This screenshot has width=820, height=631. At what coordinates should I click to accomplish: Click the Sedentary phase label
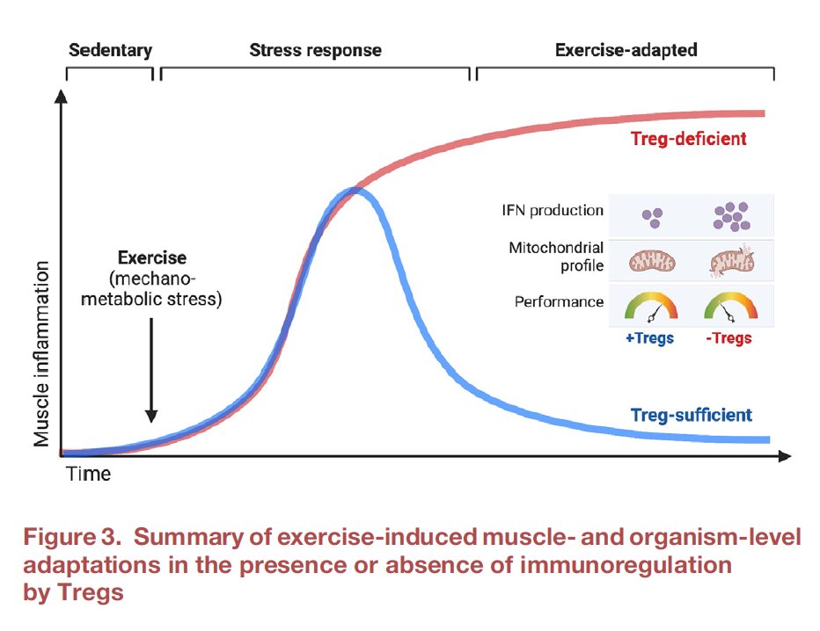[x=110, y=50]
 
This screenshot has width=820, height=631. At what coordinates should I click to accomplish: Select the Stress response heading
[x=316, y=50]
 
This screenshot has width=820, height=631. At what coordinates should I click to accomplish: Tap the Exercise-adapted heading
[x=626, y=50]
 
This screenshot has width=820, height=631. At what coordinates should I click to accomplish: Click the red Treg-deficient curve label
[x=689, y=139]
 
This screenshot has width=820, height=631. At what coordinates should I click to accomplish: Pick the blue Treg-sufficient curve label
[x=692, y=415]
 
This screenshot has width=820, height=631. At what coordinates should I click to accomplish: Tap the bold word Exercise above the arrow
[x=151, y=258]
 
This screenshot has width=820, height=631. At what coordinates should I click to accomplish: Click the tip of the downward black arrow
[x=151, y=420]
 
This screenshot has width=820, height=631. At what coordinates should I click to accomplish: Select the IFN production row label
[x=560, y=211]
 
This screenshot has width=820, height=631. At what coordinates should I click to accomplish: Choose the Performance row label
[x=560, y=302]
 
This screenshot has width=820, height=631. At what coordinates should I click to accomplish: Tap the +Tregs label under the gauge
[x=650, y=338]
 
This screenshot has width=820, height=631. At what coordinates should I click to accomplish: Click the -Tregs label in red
[x=728, y=338]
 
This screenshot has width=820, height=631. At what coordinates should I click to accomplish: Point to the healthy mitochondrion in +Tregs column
[x=651, y=260]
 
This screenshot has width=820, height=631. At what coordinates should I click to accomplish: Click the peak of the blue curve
[x=356, y=193]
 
